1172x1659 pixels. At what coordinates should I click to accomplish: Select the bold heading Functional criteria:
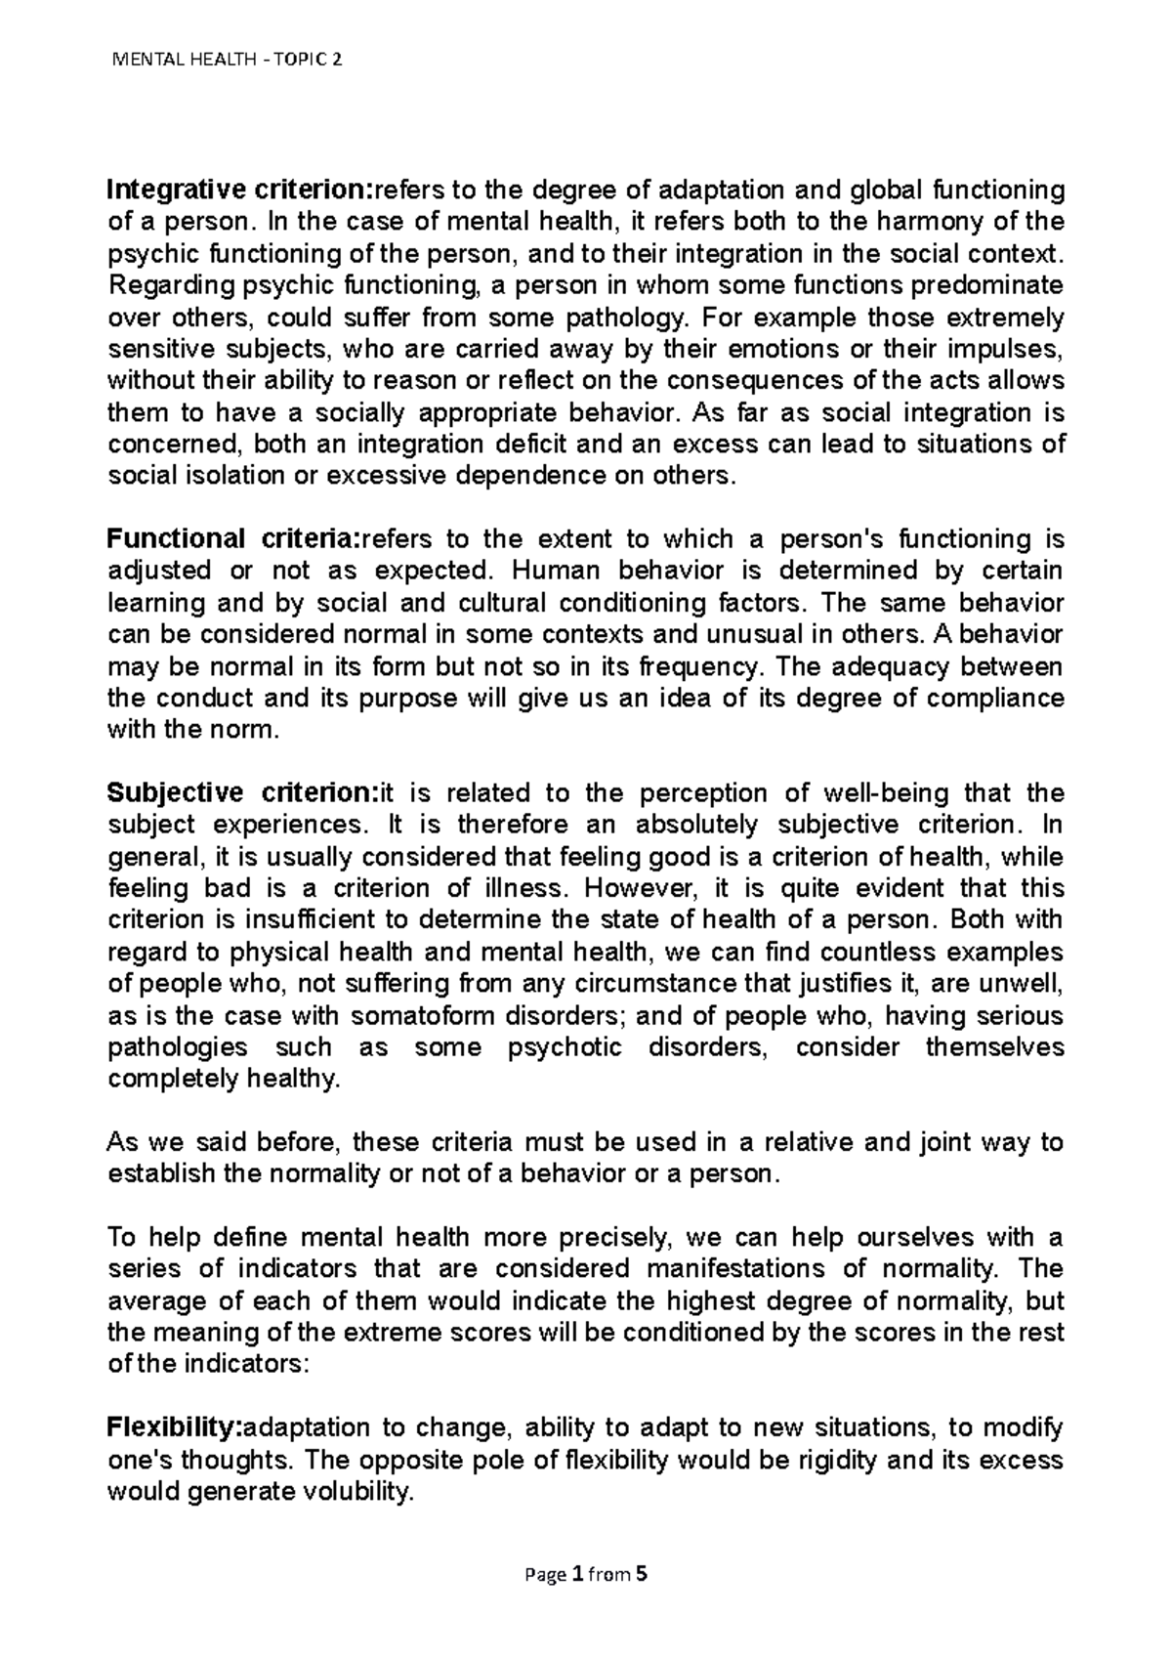233,538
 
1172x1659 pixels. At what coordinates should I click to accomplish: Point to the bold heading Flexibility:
174,1428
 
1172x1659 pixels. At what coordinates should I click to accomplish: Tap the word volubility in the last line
355,1492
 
